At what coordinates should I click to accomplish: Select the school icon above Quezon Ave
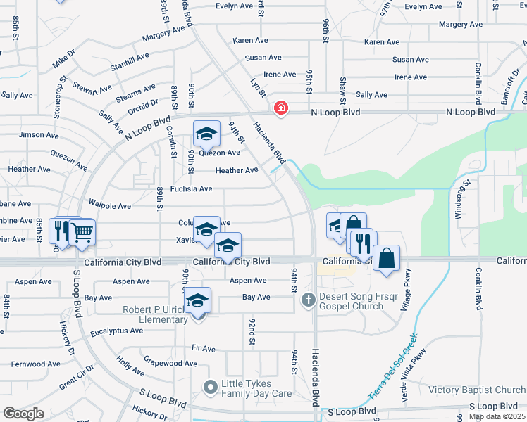tap(206, 133)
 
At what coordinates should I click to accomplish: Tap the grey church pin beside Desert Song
tap(308, 300)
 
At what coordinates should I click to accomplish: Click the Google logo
tap(23, 413)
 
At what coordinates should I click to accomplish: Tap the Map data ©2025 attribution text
tap(497, 416)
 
